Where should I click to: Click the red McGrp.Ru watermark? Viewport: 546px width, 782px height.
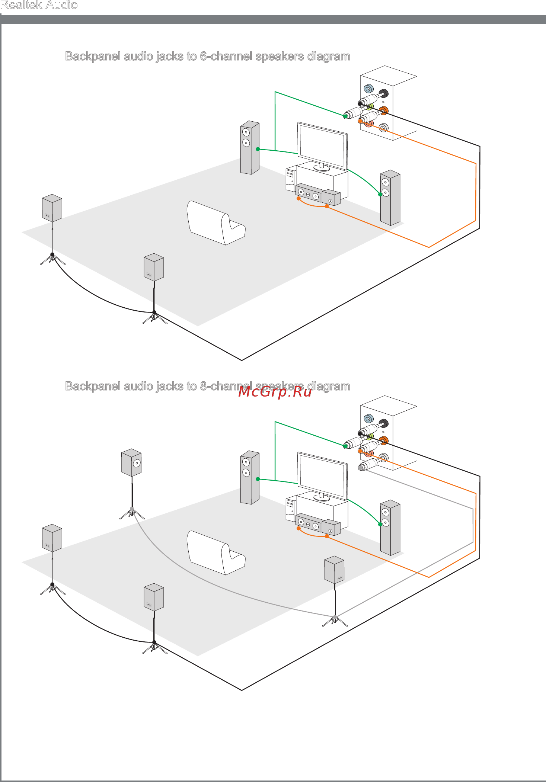275,392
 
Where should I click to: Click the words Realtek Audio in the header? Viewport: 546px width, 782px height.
39,5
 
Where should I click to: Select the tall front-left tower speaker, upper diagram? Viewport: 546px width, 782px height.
250,147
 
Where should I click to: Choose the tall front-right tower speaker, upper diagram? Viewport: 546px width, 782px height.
390,198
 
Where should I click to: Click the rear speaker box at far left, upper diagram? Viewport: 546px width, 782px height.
52,208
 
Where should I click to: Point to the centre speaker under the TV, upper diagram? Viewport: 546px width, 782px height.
309,193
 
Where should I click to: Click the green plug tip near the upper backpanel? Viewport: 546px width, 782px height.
346,116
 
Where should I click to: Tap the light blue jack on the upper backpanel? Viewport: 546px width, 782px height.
368,89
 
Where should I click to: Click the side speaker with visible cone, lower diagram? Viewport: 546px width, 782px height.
131,462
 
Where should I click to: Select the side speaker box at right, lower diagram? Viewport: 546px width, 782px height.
334,570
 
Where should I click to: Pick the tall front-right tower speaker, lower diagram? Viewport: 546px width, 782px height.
390,528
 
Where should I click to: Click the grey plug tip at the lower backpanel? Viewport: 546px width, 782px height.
360,468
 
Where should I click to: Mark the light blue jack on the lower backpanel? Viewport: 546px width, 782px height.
368,419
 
